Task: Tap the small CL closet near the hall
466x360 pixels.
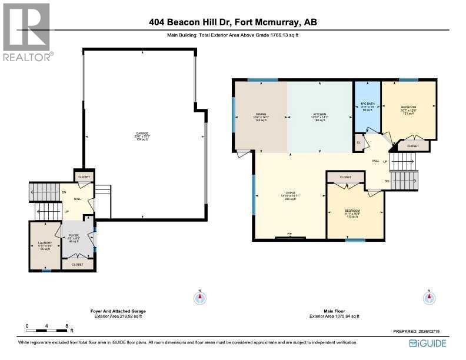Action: (x=359, y=142)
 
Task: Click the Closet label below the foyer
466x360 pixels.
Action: (x=77, y=265)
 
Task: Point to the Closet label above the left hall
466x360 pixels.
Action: (x=84, y=175)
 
